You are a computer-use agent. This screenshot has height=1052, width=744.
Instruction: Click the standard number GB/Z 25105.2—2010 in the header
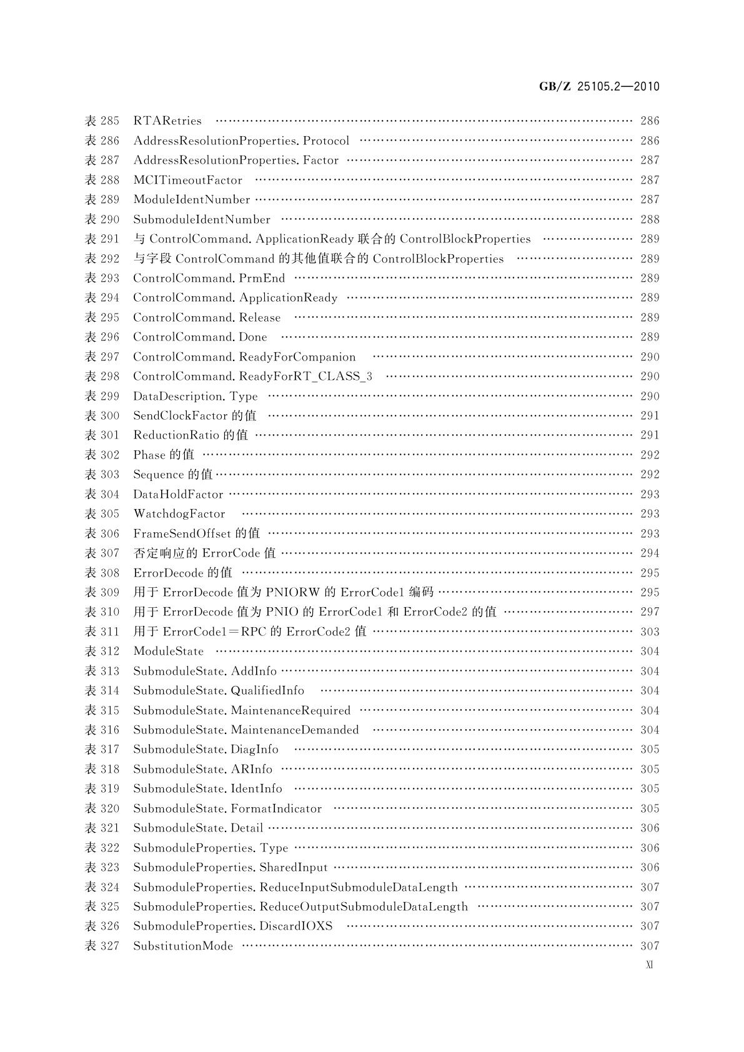click(x=599, y=87)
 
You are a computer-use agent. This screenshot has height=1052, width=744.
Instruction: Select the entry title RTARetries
click(x=167, y=121)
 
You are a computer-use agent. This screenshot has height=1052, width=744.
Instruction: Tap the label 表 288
click(x=102, y=180)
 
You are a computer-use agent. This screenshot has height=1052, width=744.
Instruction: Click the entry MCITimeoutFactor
click(x=187, y=180)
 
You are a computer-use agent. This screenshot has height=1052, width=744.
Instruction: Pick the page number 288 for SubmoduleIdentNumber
click(x=650, y=219)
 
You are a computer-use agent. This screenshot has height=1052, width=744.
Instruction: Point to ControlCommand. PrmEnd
click(x=209, y=278)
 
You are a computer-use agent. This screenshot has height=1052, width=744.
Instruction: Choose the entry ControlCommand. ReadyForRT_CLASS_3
click(x=252, y=376)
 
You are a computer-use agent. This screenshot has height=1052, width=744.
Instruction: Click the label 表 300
click(x=102, y=415)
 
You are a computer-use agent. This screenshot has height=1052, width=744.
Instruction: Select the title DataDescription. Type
click(x=195, y=396)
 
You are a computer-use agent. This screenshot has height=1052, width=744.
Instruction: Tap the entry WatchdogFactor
click(x=179, y=514)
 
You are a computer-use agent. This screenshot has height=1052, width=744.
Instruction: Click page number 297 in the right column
click(x=650, y=612)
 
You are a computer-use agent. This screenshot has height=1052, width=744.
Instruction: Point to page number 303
click(x=650, y=632)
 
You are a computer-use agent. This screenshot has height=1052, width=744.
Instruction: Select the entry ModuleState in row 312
click(x=169, y=651)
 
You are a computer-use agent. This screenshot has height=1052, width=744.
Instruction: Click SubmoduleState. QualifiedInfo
click(x=219, y=690)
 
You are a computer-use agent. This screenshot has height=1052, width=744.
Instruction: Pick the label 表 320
click(x=102, y=808)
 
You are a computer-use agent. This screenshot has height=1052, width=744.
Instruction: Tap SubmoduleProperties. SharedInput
click(x=231, y=867)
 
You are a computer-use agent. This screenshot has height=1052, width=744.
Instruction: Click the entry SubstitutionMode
click(x=183, y=946)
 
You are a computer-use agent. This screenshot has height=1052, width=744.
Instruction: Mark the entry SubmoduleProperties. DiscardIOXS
click(x=233, y=926)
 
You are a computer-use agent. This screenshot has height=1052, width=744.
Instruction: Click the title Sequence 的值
click(x=173, y=474)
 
